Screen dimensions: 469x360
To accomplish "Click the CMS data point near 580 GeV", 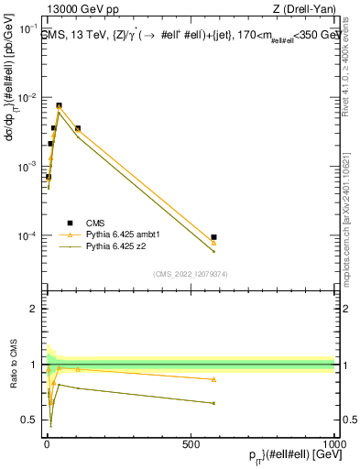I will click(213, 237).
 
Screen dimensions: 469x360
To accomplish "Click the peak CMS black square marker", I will click(60, 105).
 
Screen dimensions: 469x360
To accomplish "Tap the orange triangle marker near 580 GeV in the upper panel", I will click(213, 243).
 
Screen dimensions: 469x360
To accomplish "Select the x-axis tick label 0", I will click(46, 444).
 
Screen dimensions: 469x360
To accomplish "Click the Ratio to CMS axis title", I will click(12, 365).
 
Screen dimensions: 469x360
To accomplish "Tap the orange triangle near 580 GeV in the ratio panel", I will click(213, 379).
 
